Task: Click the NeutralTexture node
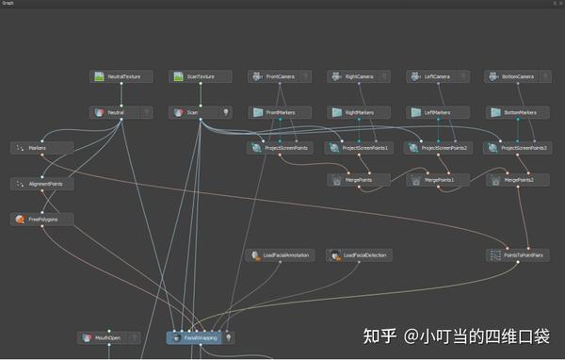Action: (121, 76)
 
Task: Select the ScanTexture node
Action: (201, 76)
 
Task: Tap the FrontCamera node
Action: (280, 76)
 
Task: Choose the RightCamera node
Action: (359, 76)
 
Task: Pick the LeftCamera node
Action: (438, 76)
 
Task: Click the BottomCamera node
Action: (517, 76)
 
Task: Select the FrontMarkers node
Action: (281, 112)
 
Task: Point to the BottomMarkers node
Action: (518, 112)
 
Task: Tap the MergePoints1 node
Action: (438, 179)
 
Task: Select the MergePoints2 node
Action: (517, 179)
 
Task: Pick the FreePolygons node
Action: (42, 219)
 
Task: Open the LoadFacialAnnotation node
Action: (280, 255)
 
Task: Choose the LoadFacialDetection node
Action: (359, 255)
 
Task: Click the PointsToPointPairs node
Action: (517, 255)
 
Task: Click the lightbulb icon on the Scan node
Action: (225, 112)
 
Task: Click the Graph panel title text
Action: (8, 4)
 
